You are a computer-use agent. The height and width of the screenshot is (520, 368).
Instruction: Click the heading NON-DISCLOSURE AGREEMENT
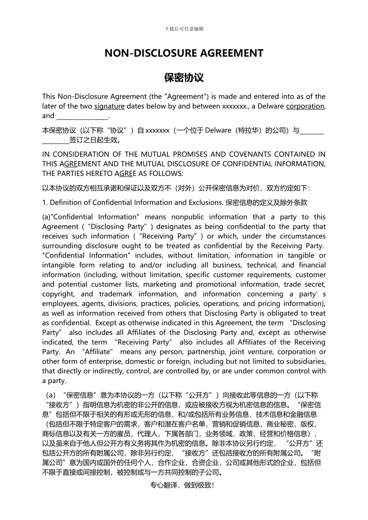pyautogui.click(x=184, y=53)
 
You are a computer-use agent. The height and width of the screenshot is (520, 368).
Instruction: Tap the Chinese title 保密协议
pyautogui.click(x=184, y=78)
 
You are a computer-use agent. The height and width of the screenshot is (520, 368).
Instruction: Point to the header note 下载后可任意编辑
pyautogui.click(x=184, y=29)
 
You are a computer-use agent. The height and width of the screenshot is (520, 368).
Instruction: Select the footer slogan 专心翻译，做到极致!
pyautogui.click(x=182, y=485)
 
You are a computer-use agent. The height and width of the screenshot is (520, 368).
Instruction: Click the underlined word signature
pyautogui.click(x=109, y=106)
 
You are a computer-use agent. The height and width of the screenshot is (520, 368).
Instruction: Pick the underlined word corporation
pyautogui.click(x=305, y=106)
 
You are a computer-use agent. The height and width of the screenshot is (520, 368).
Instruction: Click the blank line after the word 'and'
pyautogui.click(x=83, y=116)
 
